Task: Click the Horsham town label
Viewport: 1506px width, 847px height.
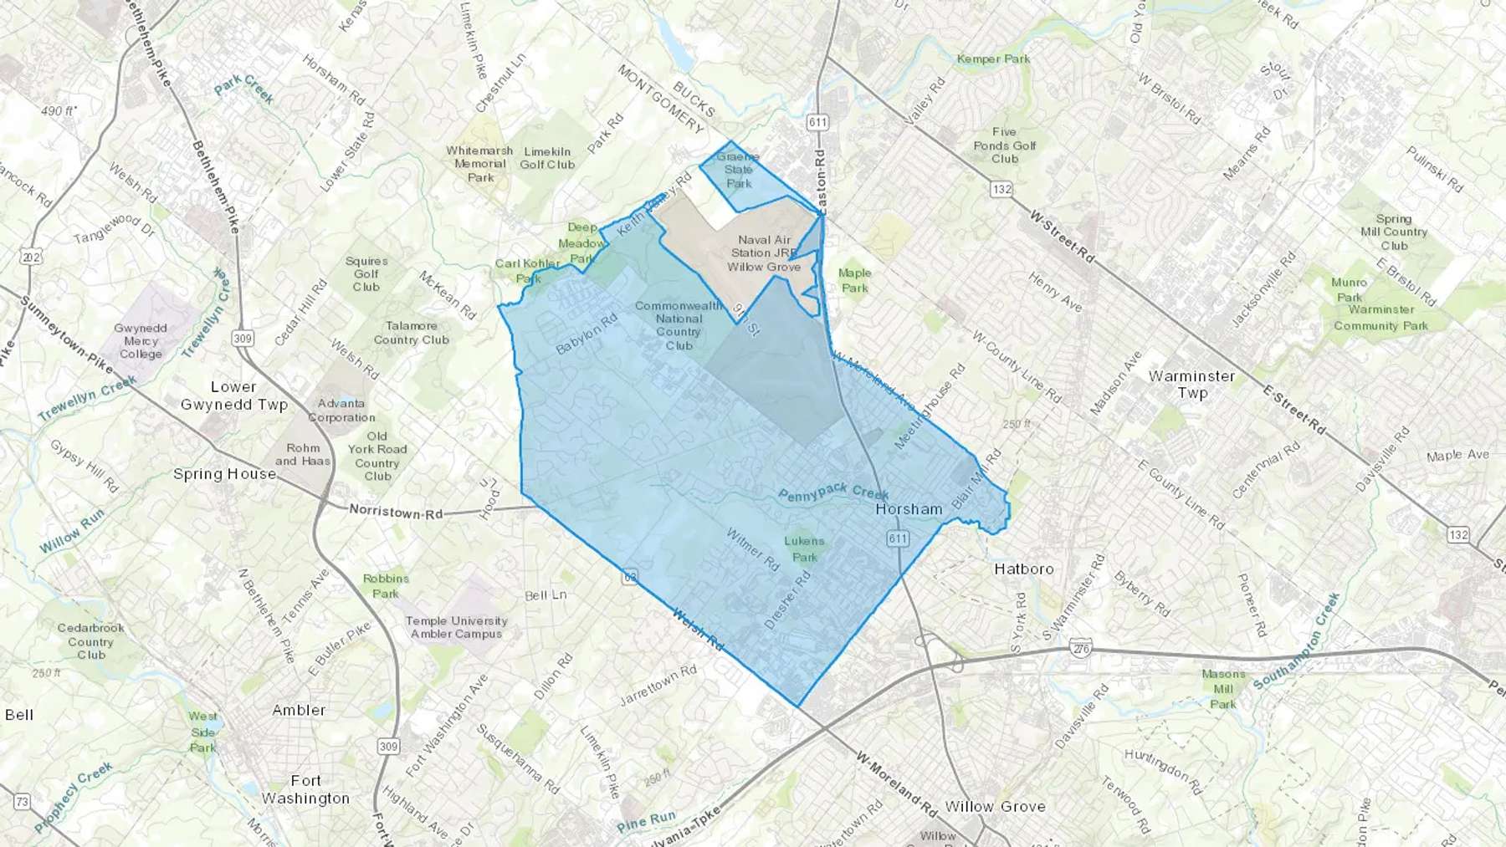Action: pyautogui.click(x=909, y=509)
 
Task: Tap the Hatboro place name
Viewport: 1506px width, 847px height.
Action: pyautogui.click(x=1024, y=569)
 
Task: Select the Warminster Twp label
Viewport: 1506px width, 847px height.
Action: pyautogui.click(x=1191, y=385)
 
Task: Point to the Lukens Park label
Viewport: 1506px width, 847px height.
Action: pyautogui.click(x=804, y=549)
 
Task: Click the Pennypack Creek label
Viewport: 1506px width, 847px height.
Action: pyautogui.click(x=832, y=492)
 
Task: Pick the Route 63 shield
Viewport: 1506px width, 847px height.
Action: pyautogui.click(x=630, y=577)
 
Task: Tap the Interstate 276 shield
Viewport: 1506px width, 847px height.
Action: pyautogui.click(x=1080, y=648)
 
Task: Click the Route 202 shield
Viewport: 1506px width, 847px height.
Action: pyautogui.click(x=32, y=257)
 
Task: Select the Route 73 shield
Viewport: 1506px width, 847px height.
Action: pyautogui.click(x=22, y=802)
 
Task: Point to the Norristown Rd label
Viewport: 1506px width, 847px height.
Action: pyautogui.click(x=396, y=512)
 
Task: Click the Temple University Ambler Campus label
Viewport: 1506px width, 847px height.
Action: pyautogui.click(x=456, y=627)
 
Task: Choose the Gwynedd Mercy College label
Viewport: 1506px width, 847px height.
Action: pyautogui.click(x=141, y=341)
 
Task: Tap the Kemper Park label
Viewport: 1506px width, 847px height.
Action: pyautogui.click(x=993, y=59)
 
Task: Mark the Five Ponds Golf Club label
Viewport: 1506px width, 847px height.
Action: pyautogui.click(x=1005, y=145)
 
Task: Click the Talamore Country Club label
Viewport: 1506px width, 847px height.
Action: pyautogui.click(x=412, y=333)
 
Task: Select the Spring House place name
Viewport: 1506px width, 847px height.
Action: pyautogui.click(x=224, y=474)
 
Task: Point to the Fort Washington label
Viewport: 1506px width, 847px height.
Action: pyautogui.click(x=305, y=789)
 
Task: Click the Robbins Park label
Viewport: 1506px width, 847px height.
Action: pyautogui.click(x=386, y=585)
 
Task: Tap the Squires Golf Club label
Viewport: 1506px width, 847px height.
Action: pyautogui.click(x=366, y=274)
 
